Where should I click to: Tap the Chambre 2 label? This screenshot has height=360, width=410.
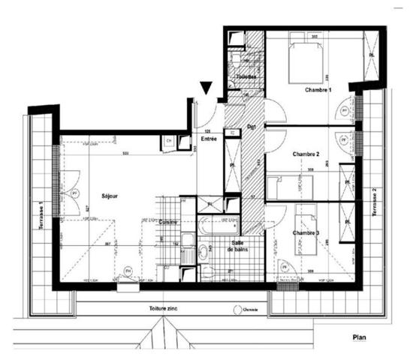[x=307, y=154]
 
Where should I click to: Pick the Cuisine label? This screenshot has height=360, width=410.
[x=167, y=222]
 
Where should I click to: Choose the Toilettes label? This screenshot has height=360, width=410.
[x=246, y=77]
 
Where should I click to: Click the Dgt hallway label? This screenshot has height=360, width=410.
[x=252, y=126]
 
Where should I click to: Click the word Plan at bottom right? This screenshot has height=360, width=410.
[x=360, y=338]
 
